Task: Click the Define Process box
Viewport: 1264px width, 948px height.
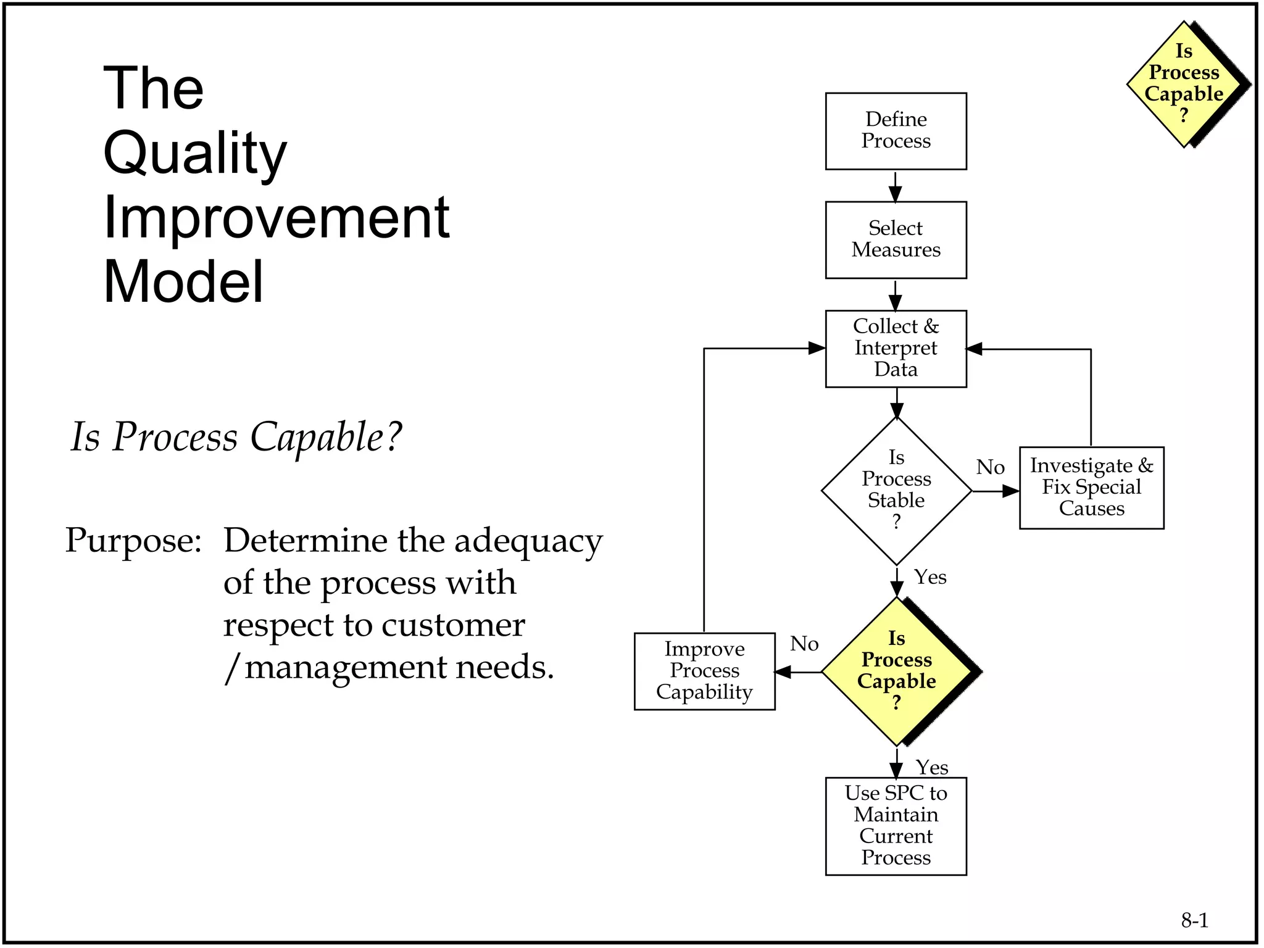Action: pyautogui.click(x=896, y=131)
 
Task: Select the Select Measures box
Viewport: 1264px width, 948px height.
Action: pyautogui.click(x=896, y=239)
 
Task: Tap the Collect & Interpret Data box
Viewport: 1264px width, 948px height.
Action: pyautogui.click(x=896, y=348)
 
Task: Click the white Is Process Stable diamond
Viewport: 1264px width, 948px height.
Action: pyautogui.click(x=896, y=491)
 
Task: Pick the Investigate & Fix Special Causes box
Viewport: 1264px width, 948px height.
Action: pyautogui.click(x=1091, y=488)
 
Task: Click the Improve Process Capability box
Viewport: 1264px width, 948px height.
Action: pyautogui.click(x=704, y=671)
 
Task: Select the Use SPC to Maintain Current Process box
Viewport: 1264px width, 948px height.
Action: pyautogui.click(x=896, y=825)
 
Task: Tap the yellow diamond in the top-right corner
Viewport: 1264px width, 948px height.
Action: pyautogui.click(x=1183, y=84)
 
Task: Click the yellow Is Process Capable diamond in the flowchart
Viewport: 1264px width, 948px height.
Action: pyautogui.click(x=896, y=671)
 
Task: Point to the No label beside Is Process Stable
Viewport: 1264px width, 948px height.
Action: pyautogui.click(x=990, y=467)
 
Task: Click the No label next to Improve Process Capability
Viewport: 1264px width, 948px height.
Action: pyautogui.click(x=804, y=644)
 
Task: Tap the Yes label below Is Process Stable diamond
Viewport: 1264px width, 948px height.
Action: pyautogui.click(x=930, y=577)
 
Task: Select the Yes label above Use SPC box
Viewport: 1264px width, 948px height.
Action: pyautogui.click(x=931, y=767)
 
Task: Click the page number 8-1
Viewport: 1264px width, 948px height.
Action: pyautogui.click(x=1194, y=920)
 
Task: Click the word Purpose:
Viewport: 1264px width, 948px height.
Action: pyautogui.click(x=133, y=540)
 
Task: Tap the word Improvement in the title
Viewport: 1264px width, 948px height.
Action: pyautogui.click(x=276, y=217)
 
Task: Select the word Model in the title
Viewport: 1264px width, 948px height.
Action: pyautogui.click(x=183, y=281)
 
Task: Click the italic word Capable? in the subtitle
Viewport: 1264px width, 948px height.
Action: pyautogui.click(x=325, y=436)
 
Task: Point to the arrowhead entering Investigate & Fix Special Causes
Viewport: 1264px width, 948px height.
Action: pyautogui.click(x=1010, y=491)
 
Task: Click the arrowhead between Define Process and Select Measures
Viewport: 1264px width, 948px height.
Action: pyautogui.click(x=896, y=195)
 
